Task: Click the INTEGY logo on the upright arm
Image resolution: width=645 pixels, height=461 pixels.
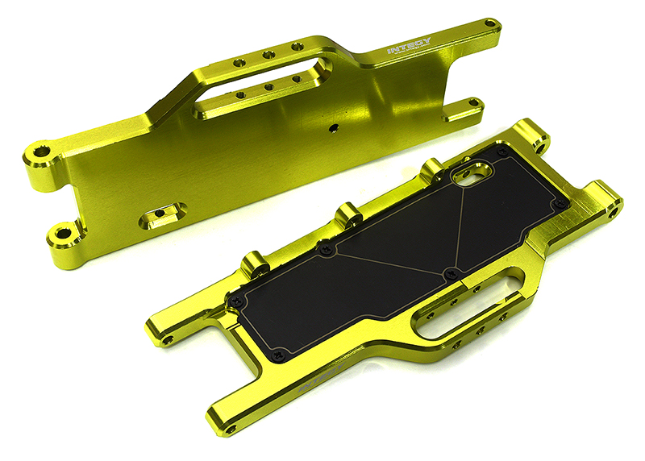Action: [x=410, y=48]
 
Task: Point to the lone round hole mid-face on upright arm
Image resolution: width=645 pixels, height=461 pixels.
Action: [x=331, y=127]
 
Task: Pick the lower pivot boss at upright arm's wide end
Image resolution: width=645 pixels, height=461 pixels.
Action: [x=60, y=236]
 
